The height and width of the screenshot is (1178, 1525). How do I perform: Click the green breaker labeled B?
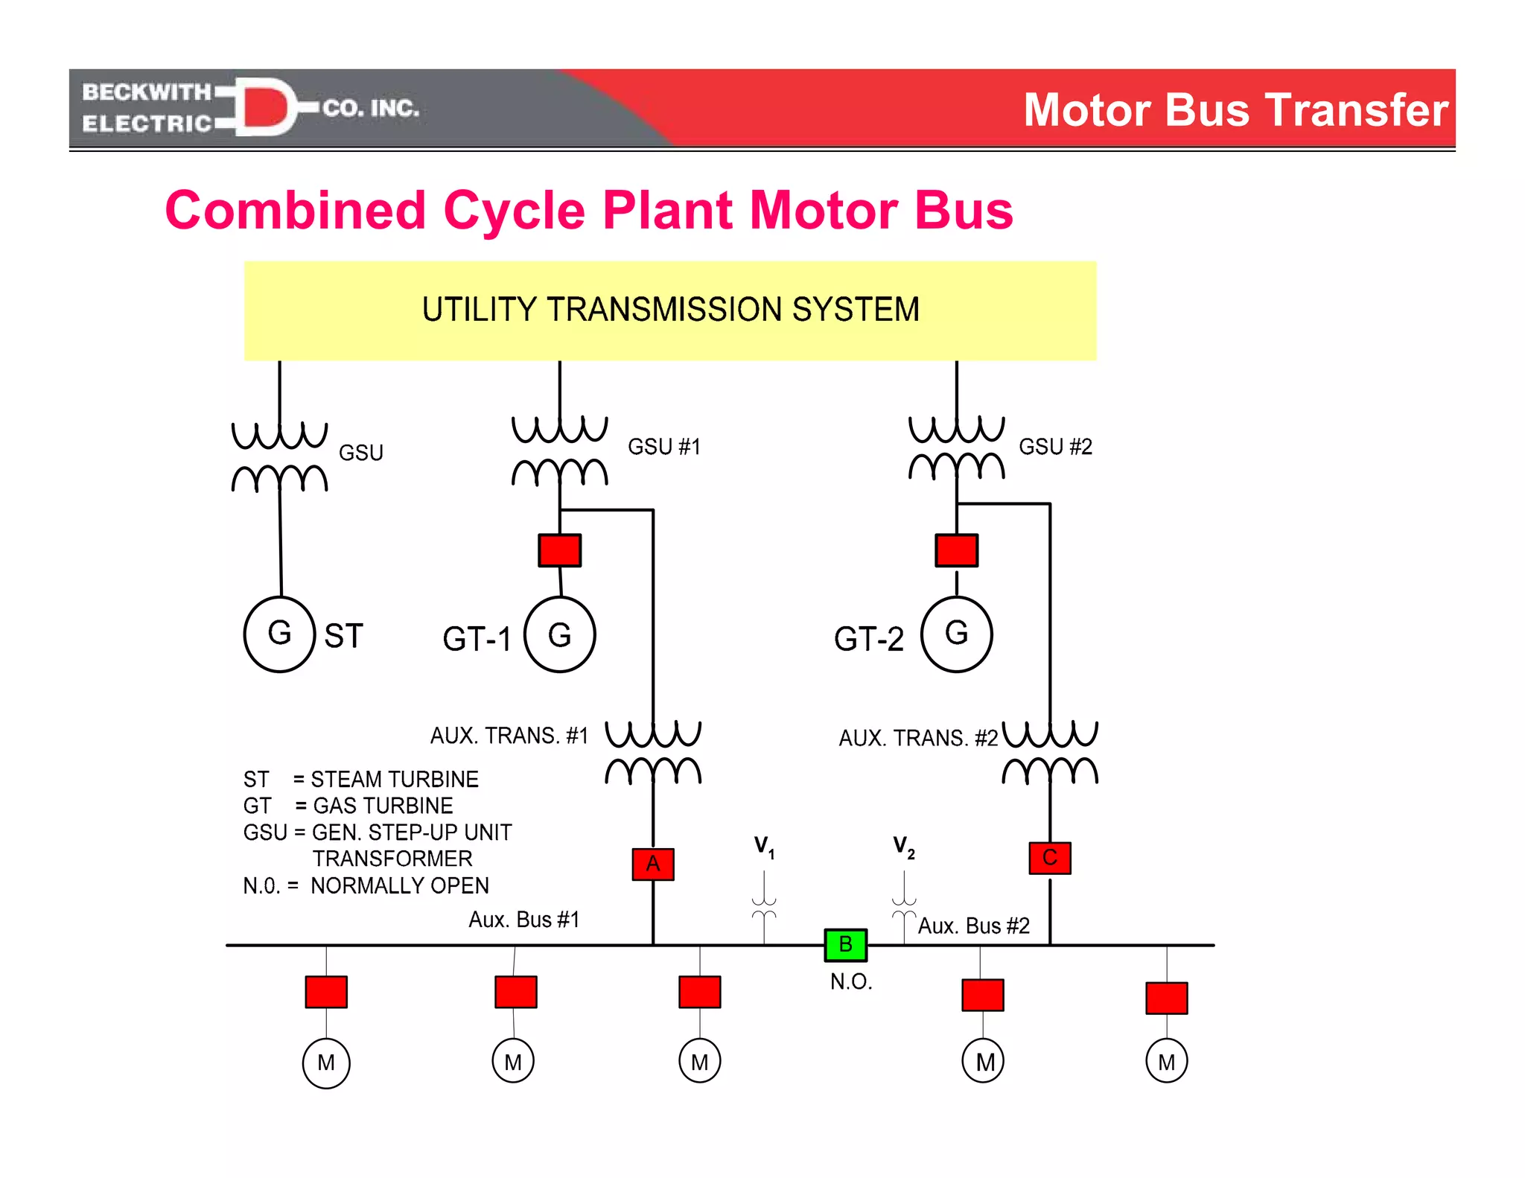coord(845,945)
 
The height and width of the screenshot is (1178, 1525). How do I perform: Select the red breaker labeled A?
coord(653,864)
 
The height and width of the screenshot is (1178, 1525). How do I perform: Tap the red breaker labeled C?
coord(1050,858)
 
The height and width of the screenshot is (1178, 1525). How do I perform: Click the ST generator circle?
coord(280,634)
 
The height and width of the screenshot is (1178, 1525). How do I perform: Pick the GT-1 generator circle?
coord(560,635)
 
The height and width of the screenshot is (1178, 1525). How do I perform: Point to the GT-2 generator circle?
coord(957,634)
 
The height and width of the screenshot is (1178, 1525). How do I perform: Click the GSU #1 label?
coord(663,447)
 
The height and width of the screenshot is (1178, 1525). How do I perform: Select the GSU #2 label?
coord(1055,447)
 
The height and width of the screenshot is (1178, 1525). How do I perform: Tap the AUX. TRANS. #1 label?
coord(509,736)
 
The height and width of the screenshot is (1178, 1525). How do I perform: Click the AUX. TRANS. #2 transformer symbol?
coord(1050,752)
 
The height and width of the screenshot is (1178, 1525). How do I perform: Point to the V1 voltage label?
coord(764,847)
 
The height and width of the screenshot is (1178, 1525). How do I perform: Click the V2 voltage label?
coord(903,847)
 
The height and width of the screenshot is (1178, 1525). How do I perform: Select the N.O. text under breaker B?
coord(851,981)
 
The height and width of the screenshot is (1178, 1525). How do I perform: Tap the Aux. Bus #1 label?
coord(523,920)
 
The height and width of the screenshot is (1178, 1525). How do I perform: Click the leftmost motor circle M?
coord(326,1063)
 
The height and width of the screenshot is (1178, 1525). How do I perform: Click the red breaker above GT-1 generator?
coord(560,550)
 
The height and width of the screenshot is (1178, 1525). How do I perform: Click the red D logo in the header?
coord(265,107)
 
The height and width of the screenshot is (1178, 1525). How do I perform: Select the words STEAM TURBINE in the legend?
coord(395,779)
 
